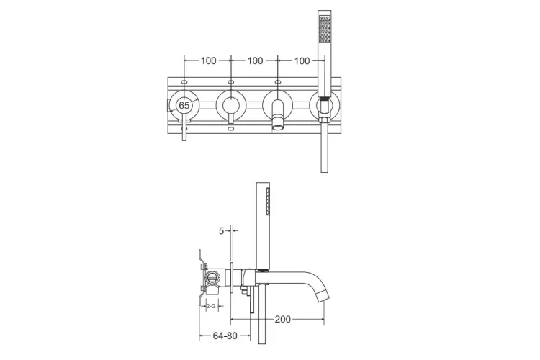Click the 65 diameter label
(184, 105)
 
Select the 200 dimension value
(283, 320)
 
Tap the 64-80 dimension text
(225, 336)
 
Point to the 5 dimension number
(221, 231)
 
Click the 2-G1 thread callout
(212, 305)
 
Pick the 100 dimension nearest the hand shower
(302, 61)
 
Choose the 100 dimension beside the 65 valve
(208, 61)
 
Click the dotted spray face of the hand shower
(325, 30)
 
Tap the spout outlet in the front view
(278, 128)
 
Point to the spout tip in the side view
(323, 297)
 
